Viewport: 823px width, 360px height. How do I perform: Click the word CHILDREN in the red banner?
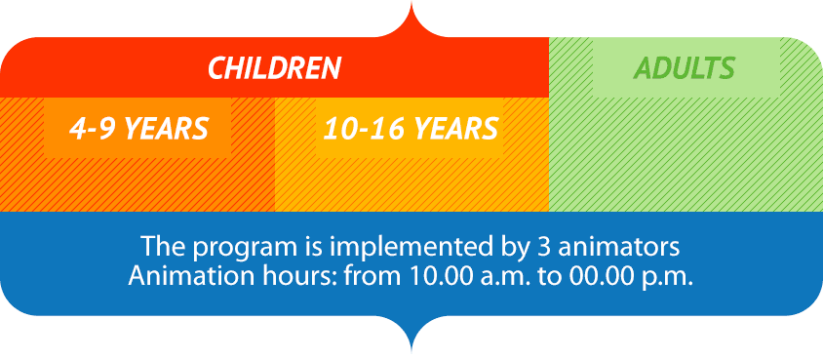pyautogui.click(x=275, y=68)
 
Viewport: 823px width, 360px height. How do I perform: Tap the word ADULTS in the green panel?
pyautogui.click(x=684, y=68)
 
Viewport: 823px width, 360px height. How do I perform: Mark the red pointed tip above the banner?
pyautogui.click(x=411, y=3)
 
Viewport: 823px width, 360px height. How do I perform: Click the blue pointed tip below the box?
pyautogui.click(x=411, y=352)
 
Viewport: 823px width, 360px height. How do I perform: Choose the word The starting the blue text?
pyautogui.click(x=161, y=247)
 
